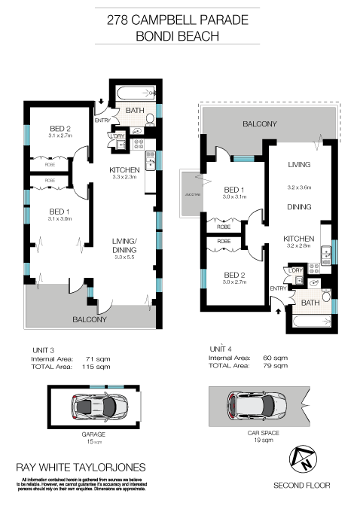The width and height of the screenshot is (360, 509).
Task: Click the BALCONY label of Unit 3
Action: (x=89, y=319)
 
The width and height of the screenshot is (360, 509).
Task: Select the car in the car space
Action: (x=255, y=407)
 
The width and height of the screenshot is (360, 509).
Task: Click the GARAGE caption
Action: (x=94, y=434)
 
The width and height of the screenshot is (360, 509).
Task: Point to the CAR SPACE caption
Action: (x=264, y=434)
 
